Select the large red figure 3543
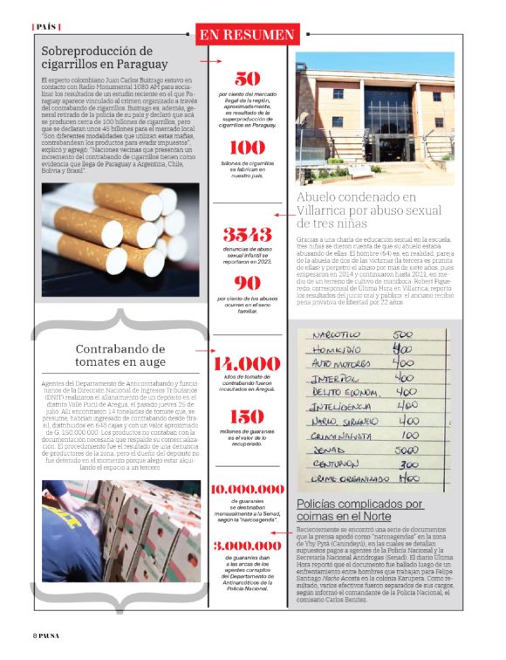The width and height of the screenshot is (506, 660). (247, 234)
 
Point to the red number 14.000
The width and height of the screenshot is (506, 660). (248, 364)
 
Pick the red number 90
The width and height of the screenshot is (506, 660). (248, 282)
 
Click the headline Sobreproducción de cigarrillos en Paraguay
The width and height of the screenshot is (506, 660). (104, 58)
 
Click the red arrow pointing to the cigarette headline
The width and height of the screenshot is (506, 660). (209, 63)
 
